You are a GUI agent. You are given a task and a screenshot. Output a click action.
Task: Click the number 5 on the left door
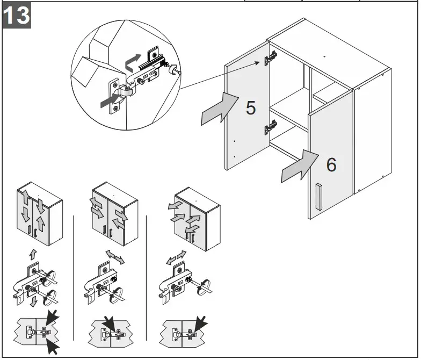coord(251,107)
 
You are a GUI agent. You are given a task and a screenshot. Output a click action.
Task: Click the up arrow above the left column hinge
coord(33,251)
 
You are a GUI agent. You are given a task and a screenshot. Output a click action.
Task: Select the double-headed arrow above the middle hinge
coord(114,256)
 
